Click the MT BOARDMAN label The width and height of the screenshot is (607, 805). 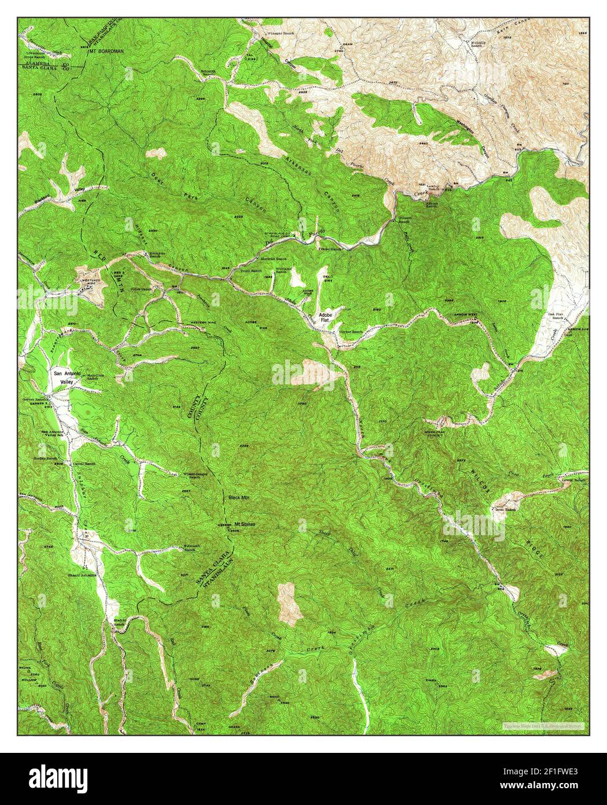[x=106, y=52]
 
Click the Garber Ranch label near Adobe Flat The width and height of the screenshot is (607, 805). [x=351, y=332]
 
